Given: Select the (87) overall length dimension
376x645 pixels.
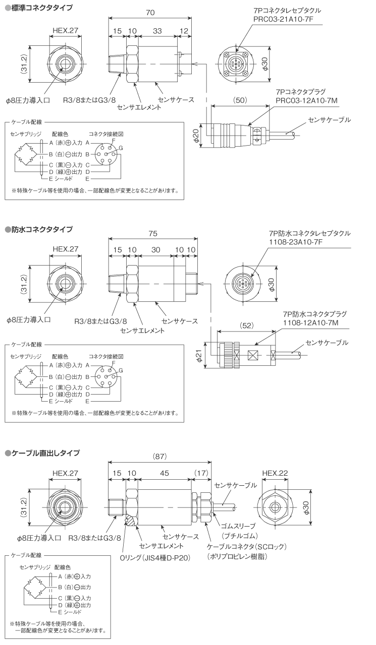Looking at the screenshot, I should click(159, 457).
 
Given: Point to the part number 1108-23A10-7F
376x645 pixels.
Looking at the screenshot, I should click(295, 243).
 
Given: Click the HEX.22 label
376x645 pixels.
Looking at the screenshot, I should click(276, 473).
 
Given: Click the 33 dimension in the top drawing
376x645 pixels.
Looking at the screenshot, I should click(157, 31).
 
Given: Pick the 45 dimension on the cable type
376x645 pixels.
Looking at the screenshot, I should click(164, 473).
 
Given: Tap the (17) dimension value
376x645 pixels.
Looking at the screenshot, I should click(201, 473).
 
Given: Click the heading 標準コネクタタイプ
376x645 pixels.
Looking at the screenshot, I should click(41, 8).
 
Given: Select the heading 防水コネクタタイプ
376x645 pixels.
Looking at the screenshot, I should click(41, 229).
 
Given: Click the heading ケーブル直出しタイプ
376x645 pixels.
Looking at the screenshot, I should click(45, 453).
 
